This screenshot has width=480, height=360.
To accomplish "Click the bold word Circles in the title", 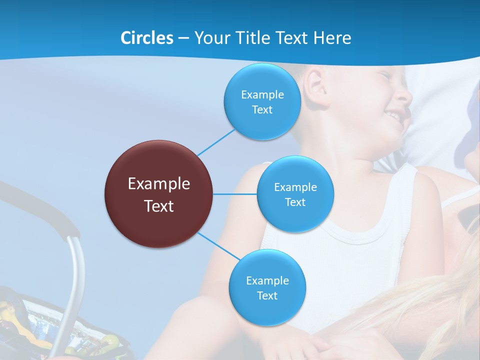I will [x=146, y=38].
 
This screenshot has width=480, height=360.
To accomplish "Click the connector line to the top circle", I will [x=216, y=142].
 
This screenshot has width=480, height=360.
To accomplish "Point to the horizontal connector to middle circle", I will [x=235, y=194].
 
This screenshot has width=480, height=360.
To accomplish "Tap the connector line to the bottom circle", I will [x=218, y=246].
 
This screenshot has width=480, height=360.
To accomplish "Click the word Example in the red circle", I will [x=159, y=184].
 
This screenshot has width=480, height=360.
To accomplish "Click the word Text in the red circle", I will [x=159, y=206].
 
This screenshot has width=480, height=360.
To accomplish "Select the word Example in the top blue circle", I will [x=262, y=95].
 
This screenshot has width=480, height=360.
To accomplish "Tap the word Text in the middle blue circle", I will [x=295, y=202].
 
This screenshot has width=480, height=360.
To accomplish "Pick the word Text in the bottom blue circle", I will [x=267, y=296].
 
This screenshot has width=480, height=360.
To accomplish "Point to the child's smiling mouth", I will [x=395, y=116].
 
